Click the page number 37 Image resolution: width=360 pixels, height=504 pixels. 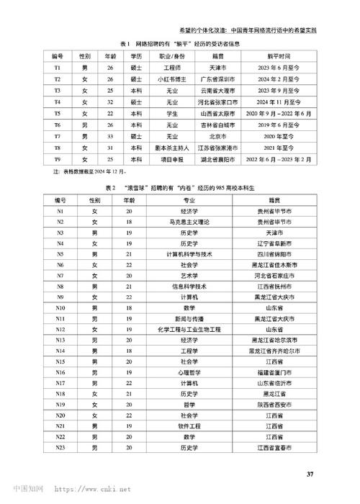click(310, 473)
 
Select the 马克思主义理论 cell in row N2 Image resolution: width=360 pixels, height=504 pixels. click(189, 222)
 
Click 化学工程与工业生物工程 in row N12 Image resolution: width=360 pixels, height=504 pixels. click(189, 329)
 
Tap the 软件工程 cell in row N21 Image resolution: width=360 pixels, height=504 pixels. click(189, 426)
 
